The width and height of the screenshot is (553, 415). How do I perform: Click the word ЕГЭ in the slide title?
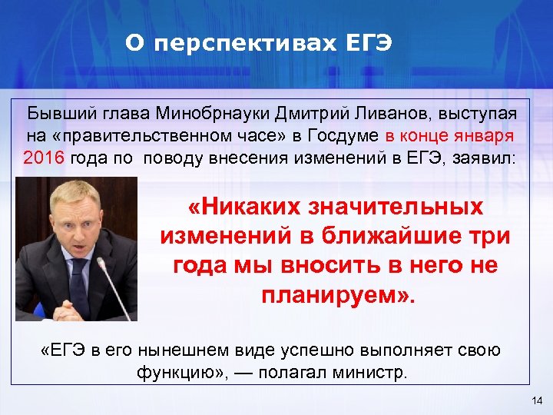click(x=365, y=44)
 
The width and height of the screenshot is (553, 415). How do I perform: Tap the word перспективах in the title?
click(x=241, y=44)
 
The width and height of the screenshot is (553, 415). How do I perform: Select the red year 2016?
click(x=45, y=159)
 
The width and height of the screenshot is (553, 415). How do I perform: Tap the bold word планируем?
click(x=331, y=294)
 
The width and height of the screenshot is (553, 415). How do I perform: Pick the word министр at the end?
click(x=373, y=373)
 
